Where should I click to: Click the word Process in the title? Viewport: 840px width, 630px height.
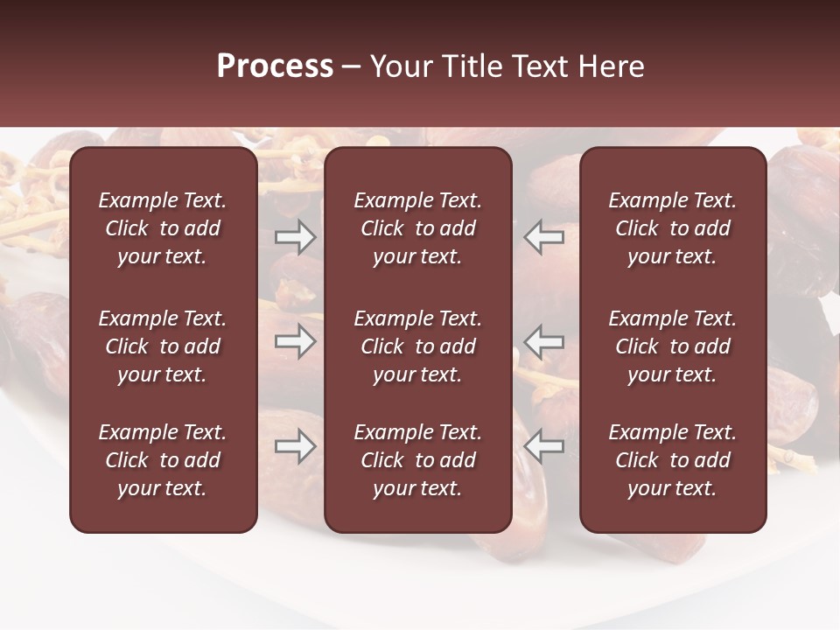(275, 66)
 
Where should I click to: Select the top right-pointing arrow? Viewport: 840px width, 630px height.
(296, 237)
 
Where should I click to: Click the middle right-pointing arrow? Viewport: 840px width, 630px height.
(296, 341)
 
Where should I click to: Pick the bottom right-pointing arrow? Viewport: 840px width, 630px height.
(296, 446)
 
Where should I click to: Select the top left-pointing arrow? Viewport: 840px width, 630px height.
(544, 237)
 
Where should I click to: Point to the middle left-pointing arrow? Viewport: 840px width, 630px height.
(544, 341)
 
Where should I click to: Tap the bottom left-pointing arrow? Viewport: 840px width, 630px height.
(544, 446)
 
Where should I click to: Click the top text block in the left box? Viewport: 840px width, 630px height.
(163, 228)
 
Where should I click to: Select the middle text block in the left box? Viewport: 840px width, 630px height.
(163, 346)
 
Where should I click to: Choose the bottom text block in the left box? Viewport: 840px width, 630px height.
(163, 460)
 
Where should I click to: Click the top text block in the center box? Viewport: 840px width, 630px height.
(417, 228)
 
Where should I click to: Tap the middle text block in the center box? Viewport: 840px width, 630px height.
(417, 346)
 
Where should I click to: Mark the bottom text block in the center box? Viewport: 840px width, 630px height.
(417, 460)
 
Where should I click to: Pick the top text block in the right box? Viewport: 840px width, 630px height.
(672, 228)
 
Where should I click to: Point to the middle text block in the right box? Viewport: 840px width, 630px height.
(672, 346)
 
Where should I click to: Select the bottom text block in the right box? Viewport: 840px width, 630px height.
(672, 460)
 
